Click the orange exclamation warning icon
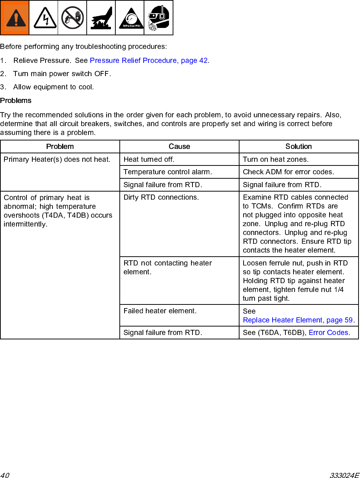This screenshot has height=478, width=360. tap(15, 18)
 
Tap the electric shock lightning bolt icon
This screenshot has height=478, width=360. tap(44, 18)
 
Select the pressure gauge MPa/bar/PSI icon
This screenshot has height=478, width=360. tap(130, 18)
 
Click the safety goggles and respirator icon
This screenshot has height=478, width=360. tap(158, 18)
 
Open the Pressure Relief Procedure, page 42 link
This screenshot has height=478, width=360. tap(149, 60)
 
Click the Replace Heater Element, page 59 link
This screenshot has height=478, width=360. tap(298, 320)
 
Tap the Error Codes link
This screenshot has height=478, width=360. tap(328, 332)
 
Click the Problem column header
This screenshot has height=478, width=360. tap(60, 146)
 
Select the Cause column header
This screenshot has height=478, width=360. tap(179, 146)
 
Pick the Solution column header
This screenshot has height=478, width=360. tap(298, 146)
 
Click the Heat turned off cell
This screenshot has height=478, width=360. tap(149, 159)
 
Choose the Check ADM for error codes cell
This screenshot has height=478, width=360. tap(288, 172)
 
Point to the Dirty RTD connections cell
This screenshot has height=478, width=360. tap(161, 197)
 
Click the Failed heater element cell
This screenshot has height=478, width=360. tap(160, 311)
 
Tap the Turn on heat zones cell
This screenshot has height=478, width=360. tap(276, 159)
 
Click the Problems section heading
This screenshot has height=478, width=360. tap(16, 100)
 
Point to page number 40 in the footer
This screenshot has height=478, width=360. tap(5, 475)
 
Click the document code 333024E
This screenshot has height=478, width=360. tap(344, 475)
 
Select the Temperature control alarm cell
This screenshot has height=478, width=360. tap(168, 172)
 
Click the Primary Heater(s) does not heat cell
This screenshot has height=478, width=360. tap(57, 159)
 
